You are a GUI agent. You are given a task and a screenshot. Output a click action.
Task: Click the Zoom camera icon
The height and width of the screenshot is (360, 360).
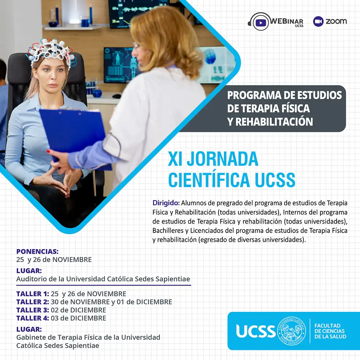click(x=318, y=21)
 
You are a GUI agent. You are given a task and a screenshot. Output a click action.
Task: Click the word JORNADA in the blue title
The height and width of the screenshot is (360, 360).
click(x=223, y=159)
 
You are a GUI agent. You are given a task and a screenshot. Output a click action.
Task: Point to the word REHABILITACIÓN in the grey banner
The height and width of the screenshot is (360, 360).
click(x=274, y=121)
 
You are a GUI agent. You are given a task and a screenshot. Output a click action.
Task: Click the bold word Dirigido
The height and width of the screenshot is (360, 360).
click(x=166, y=203)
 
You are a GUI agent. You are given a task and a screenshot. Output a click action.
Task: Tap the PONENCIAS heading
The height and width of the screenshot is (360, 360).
click(x=37, y=251)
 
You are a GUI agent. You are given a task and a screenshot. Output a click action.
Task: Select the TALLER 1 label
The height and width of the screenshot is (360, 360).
click(x=33, y=294)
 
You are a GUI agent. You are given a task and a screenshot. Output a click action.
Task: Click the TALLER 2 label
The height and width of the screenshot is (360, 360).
click(x=33, y=302)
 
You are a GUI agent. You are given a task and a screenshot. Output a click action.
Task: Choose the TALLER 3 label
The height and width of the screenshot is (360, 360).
click(x=33, y=310)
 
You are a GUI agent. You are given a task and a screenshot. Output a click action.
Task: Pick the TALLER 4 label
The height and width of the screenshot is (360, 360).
click(x=33, y=318)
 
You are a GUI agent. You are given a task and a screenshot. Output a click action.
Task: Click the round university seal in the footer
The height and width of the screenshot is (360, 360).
click(x=292, y=331)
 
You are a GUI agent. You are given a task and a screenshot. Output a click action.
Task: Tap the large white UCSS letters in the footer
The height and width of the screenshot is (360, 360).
click(x=256, y=331)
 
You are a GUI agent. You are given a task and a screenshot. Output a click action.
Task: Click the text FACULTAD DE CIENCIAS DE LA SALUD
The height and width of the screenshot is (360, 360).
click(x=330, y=331)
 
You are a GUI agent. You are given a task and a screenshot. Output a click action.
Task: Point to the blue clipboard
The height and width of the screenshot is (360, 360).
click(x=73, y=133)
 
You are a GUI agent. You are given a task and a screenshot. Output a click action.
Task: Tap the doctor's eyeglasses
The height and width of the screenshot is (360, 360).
click(x=136, y=46)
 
